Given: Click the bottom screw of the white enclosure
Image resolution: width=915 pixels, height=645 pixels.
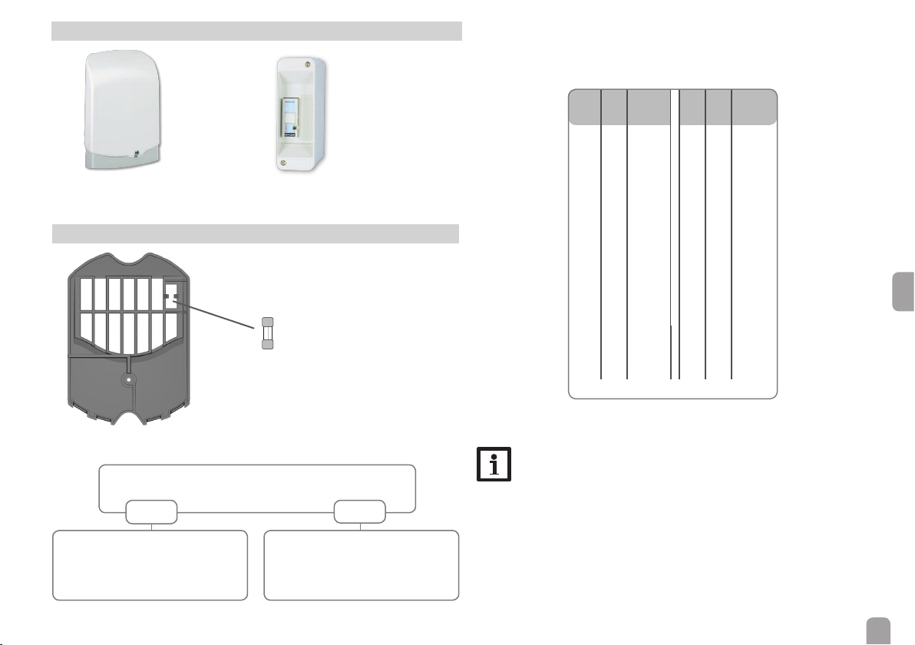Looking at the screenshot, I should [286, 162].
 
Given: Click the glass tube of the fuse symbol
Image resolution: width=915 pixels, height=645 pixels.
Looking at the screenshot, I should [268, 334].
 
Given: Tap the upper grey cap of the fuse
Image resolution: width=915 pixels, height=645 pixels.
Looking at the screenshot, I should [268, 322].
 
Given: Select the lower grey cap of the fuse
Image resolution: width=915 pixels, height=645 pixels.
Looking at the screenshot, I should [268, 346].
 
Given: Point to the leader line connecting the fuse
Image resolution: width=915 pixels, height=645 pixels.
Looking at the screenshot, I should [219, 313].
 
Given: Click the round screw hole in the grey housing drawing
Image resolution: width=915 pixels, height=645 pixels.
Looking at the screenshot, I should [130, 379].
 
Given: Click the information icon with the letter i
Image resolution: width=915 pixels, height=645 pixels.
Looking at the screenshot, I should [494, 465].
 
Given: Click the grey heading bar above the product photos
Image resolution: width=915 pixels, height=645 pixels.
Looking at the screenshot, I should [256, 31].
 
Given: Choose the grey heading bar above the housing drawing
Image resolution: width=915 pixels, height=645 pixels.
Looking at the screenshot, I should [256, 233].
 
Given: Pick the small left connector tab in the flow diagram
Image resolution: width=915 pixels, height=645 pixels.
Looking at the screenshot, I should [151, 512].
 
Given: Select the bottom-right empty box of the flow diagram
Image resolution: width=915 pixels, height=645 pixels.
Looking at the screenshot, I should [361, 564].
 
